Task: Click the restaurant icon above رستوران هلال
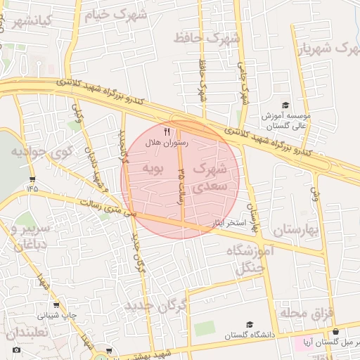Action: click(167, 131)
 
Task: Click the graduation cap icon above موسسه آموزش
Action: click(285, 105)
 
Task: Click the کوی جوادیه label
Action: click(41, 153)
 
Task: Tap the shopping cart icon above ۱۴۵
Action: click(32, 179)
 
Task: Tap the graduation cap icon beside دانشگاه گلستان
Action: click(249, 324)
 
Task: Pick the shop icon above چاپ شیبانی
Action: click(56, 305)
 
